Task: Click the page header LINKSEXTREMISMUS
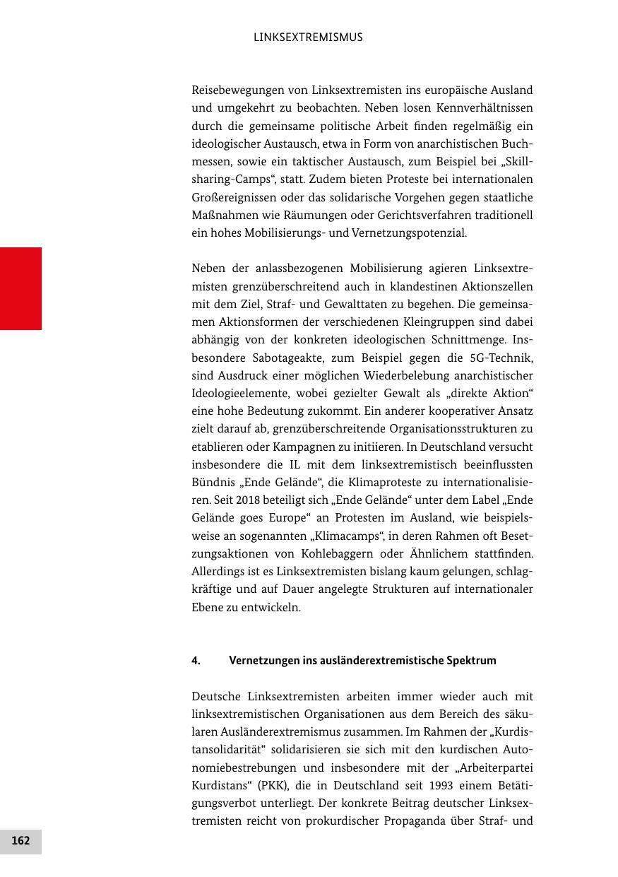[x=308, y=37]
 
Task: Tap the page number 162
[x=20, y=841]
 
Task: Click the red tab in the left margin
[x=20, y=288]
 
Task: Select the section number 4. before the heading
[x=196, y=661]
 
